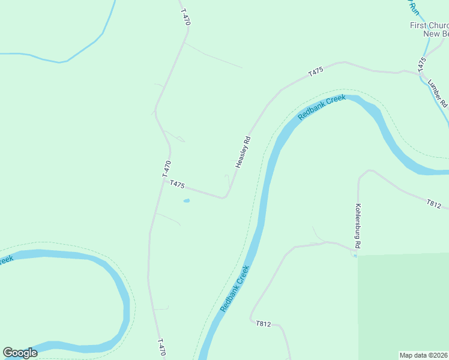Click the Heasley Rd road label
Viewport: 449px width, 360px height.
point(243,152)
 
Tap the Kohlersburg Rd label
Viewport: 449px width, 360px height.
point(358,226)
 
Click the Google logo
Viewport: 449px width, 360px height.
point(20,353)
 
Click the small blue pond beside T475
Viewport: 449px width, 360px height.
point(187,200)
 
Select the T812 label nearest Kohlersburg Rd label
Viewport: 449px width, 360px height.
point(434,205)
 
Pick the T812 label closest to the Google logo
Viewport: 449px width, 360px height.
point(264,324)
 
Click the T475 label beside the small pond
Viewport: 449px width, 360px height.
point(177,184)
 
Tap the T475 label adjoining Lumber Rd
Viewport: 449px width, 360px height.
point(423,64)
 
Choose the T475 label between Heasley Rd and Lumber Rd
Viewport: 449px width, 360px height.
point(316,71)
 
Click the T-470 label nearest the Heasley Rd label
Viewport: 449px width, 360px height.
point(167,168)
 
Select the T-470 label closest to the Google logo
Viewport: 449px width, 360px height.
point(161,347)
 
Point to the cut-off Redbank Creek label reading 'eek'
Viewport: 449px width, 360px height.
point(6,260)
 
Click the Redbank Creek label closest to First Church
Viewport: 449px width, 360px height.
point(322,106)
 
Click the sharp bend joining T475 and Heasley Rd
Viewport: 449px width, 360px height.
point(226,196)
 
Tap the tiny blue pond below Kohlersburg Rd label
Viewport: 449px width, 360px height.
point(355,256)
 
